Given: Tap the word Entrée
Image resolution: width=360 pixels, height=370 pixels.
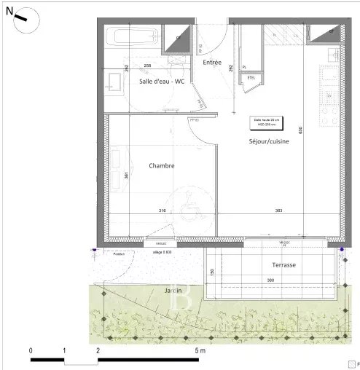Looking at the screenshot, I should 212,63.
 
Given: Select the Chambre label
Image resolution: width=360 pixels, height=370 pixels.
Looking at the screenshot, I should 162,165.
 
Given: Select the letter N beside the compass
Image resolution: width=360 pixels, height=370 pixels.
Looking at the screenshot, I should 9,11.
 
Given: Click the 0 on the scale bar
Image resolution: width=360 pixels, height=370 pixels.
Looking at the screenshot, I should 31,350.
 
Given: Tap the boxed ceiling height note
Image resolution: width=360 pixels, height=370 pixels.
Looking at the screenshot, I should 265,122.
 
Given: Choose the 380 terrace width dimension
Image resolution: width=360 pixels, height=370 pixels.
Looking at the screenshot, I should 270,280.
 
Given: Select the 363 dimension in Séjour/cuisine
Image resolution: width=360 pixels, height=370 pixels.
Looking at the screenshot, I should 279,212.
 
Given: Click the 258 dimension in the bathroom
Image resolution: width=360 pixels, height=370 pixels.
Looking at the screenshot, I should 148,66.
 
